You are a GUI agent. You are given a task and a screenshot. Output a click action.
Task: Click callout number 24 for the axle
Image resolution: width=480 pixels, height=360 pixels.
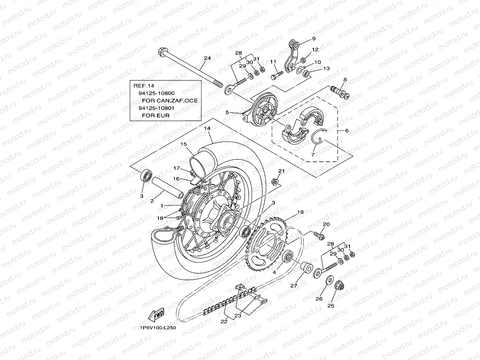tap(207, 58)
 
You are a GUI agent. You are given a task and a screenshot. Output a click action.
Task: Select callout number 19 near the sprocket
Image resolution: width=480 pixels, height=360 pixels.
tap(300, 212)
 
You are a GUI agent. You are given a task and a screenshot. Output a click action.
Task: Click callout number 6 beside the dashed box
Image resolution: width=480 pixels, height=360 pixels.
tap(347, 131)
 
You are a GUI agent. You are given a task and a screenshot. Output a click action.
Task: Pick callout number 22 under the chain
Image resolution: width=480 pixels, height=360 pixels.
tap(224, 321)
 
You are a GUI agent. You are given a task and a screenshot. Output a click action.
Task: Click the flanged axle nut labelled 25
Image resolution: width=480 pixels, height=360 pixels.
tap(338, 285)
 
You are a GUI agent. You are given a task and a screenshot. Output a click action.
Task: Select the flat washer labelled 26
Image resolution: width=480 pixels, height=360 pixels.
tap(329, 280)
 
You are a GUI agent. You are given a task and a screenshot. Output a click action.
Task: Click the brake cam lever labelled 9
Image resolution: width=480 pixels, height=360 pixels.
tap(292, 55)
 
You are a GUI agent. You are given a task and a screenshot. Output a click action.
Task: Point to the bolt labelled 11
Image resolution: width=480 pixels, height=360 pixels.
tap(276, 74)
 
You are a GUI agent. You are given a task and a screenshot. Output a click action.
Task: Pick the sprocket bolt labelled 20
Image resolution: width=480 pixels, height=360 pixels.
tap(319, 236)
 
